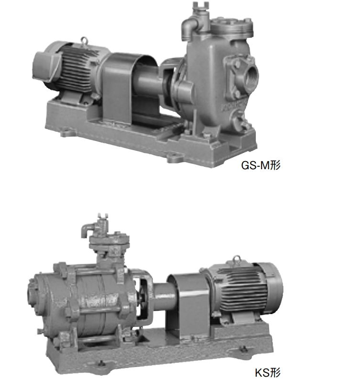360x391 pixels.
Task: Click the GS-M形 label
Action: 261,165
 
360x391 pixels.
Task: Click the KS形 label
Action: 267,373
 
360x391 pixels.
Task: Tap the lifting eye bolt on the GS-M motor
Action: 84,40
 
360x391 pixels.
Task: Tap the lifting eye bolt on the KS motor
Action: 236,260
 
